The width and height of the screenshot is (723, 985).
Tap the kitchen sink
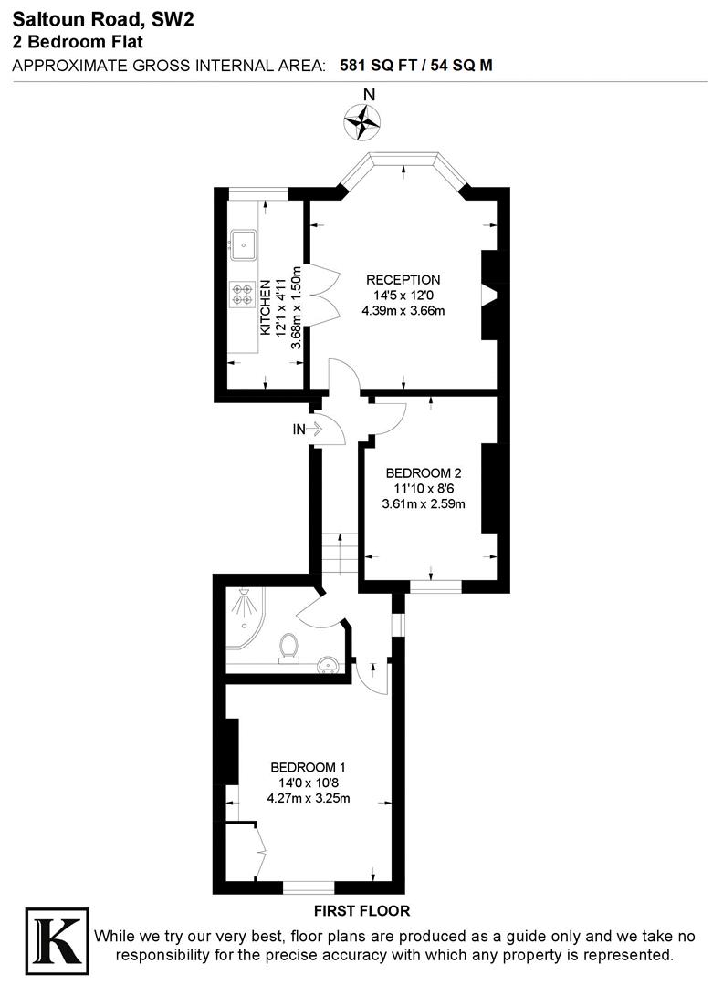tap(244, 243)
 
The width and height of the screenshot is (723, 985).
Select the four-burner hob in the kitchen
tap(244, 294)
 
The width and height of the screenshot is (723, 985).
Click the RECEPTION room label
tap(403, 280)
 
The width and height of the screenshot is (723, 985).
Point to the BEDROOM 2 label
tap(424, 472)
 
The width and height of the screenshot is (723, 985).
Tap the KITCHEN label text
tap(266, 307)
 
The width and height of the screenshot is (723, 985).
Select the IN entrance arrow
tap(308, 429)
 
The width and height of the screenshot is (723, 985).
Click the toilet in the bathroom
tap(289, 646)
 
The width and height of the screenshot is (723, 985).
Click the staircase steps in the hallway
tap(337, 554)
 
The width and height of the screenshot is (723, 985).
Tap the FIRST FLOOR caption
tap(361, 910)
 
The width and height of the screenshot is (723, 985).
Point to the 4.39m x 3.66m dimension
tap(403, 311)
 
